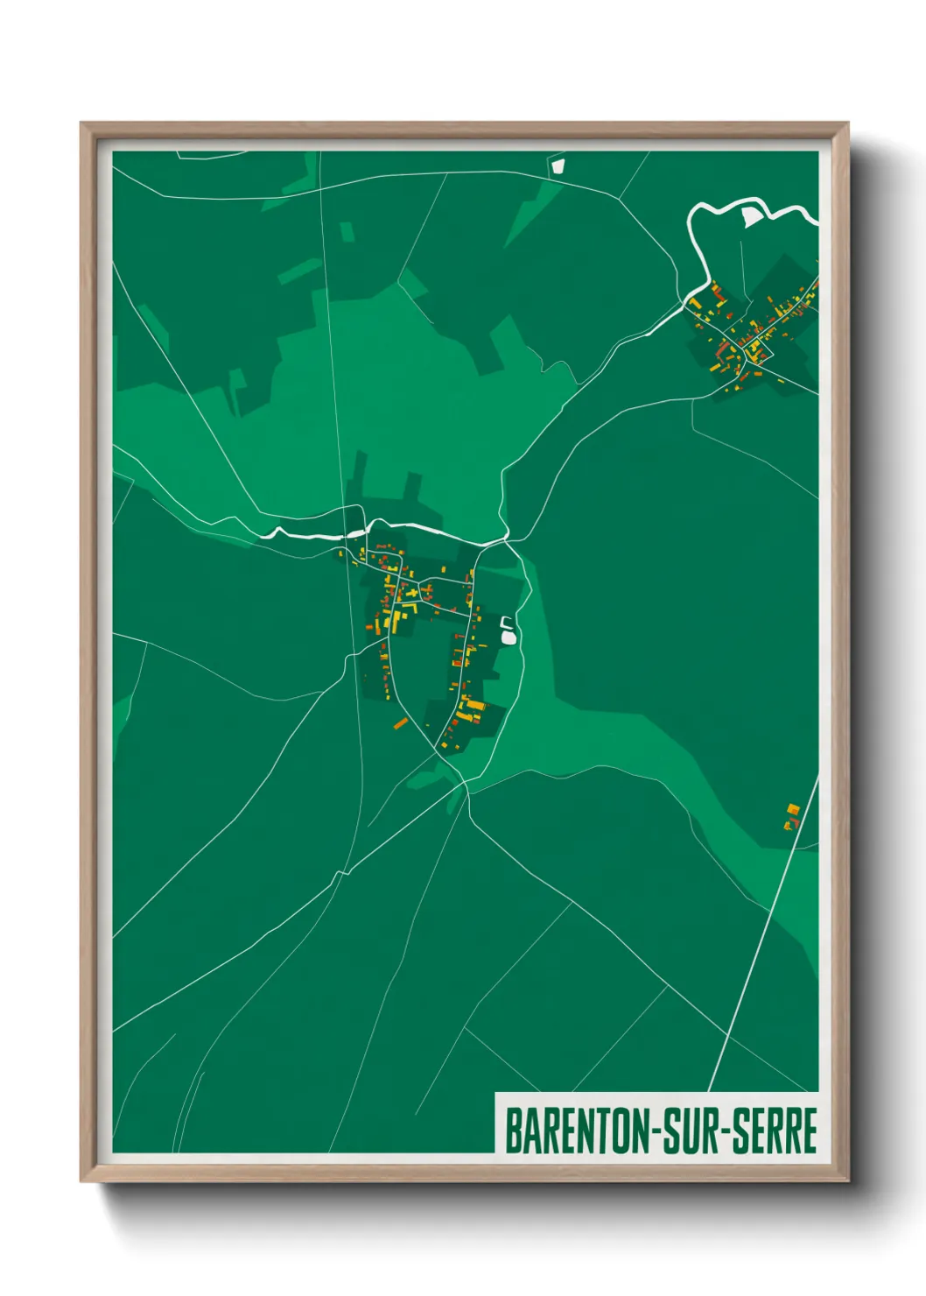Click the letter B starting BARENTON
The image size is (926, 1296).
click(513, 1130)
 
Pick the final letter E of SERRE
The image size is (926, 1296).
click(810, 1130)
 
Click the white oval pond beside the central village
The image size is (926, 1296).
click(508, 637)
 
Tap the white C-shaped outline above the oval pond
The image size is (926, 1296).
click(505, 622)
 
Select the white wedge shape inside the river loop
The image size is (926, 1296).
click(750, 216)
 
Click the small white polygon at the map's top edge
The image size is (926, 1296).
click(558, 165)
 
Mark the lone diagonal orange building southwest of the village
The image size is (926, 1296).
click(401, 723)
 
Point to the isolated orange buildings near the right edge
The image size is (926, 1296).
click(792, 815)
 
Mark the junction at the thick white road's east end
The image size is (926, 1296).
click(509, 540)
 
